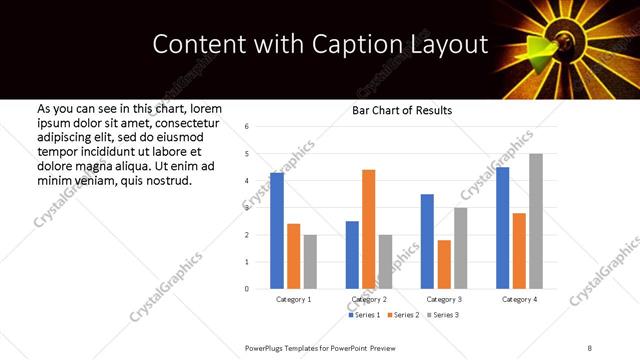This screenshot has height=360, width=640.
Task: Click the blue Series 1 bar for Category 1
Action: click(x=277, y=231)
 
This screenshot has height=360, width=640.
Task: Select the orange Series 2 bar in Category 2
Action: click(x=368, y=229)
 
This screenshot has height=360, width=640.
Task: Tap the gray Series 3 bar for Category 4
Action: click(x=536, y=221)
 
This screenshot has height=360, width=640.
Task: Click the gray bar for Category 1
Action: click(x=310, y=262)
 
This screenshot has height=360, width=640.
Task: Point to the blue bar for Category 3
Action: click(x=427, y=241)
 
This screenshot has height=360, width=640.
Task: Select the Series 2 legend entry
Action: click(x=403, y=315)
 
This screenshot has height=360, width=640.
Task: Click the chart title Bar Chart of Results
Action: click(x=402, y=110)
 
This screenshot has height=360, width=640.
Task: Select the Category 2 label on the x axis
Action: click(x=368, y=300)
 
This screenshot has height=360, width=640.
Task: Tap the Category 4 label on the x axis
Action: click(x=519, y=300)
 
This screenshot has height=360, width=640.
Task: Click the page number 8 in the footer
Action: click(x=589, y=347)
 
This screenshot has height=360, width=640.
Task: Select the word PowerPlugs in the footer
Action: click(x=268, y=347)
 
